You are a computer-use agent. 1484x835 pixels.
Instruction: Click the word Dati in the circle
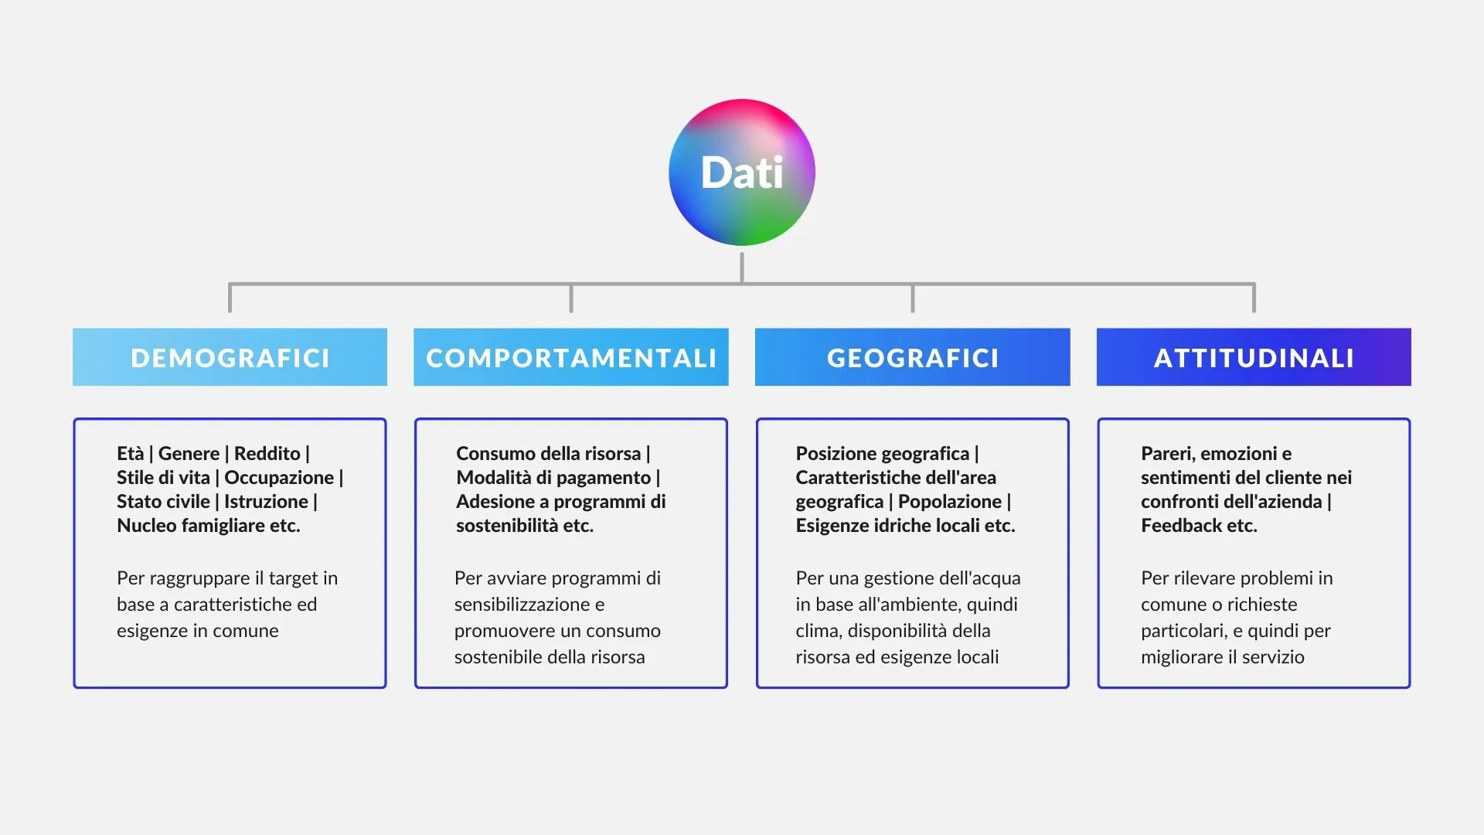(x=742, y=172)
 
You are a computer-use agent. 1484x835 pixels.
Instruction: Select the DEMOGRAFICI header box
(x=230, y=357)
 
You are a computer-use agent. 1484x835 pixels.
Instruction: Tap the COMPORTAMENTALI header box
(x=571, y=357)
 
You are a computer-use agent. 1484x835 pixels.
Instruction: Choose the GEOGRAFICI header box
(x=913, y=357)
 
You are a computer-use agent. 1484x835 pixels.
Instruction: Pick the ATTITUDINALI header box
(x=1254, y=357)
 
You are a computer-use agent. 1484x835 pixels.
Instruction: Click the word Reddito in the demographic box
(x=267, y=453)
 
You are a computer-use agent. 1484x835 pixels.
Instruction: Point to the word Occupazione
(x=279, y=477)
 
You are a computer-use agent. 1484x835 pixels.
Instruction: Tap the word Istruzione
(x=266, y=501)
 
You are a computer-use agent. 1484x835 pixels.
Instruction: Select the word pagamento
(x=604, y=478)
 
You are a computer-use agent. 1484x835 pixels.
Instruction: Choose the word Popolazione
(x=950, y=501)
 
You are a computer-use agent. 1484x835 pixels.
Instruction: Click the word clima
(x=817, y=631)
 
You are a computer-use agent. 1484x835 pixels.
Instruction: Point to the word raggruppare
(x=199, y=578)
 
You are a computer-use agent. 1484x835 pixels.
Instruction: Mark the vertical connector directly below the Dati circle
(x=742, y=268)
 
